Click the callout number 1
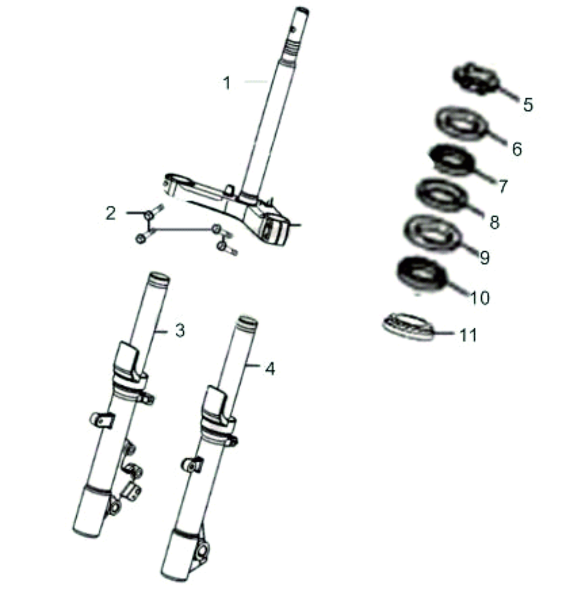(227, 83)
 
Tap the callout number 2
(111, 213)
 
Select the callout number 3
(180, 331)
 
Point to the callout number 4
(270, 368)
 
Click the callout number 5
(528, 105)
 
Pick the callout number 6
(517, 150)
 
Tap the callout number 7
(503, 186)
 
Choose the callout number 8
(494, 222)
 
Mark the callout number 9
(485, 257)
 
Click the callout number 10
(480, 298)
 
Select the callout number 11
(468, 335)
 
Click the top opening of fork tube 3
(159, 278)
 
